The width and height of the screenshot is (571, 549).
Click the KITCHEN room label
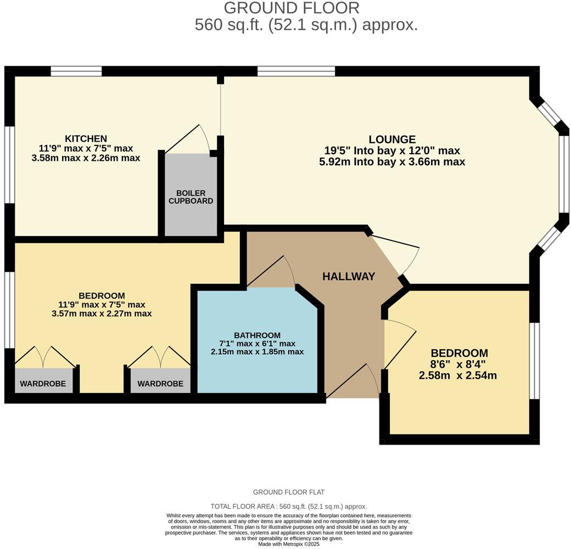click(x=86, y=138)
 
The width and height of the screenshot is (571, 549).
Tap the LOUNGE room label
click(x=392, y=139)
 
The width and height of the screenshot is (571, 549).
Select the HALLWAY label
click(x=349, y=277)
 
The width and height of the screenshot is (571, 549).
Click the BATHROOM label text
click(x=257, y=335)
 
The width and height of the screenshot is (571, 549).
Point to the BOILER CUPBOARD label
click(x=191, y=197)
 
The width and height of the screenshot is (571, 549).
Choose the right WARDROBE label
click(x=160, y=384)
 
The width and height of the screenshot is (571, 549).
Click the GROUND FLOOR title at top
click(x=292, y=8)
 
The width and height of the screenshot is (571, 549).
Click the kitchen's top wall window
click(x=76, y=71)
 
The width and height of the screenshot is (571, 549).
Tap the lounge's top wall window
click(x=296, y=71)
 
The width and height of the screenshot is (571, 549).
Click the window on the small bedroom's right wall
click(x=534, y=360)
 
